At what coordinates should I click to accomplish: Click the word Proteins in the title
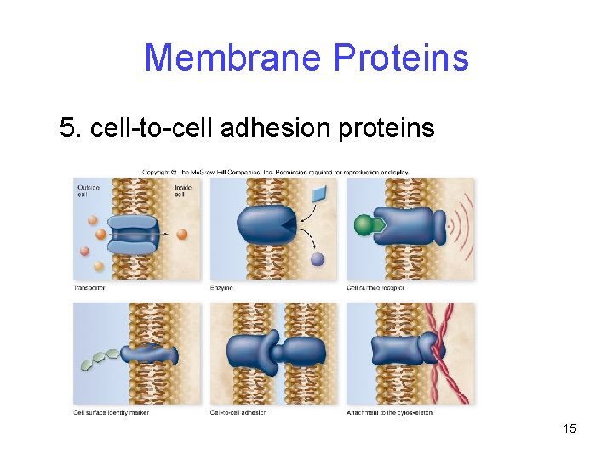[x=401, y=58]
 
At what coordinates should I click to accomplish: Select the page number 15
[x=570, y=428]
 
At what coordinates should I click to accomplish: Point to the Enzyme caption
[x=221, y=288]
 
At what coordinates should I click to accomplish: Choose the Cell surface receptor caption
[x=375, y=288]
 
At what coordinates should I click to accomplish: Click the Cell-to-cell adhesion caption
[x=238, y=413]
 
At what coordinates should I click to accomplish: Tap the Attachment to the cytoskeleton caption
[x=389, y=413]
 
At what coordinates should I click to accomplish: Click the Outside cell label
[x=88, y=190]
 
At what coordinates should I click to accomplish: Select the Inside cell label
[x=182, y=190]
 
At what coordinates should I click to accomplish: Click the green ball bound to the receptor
[x=364, y=225]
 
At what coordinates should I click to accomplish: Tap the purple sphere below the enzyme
[x=318, y=259]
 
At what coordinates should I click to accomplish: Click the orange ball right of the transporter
[x=182, y=234]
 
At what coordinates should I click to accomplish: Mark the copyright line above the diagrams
[x=274, y=172]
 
